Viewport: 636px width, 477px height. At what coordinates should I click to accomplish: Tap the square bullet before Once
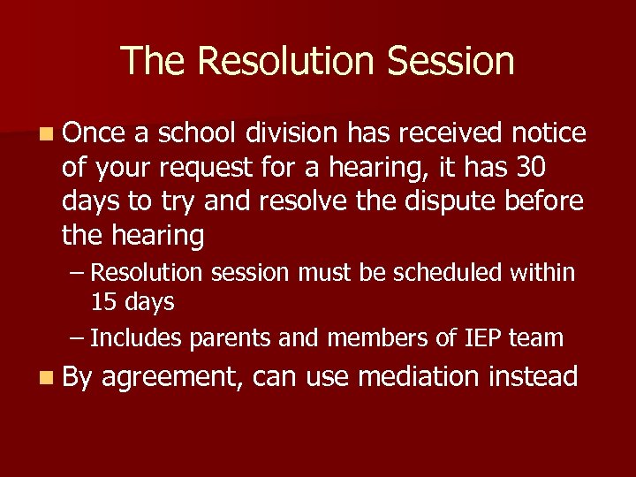click(45, 134)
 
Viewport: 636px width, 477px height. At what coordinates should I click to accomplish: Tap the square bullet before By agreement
click(45, 378)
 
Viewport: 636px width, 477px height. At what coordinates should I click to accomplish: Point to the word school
click(197, 133)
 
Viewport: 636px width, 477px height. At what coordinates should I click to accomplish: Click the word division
click(291, 133)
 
